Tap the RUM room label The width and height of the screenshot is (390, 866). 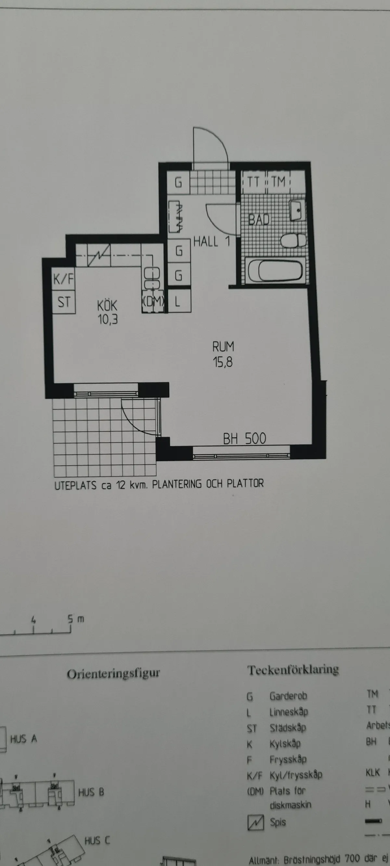pyautogui.click(x=223, y=347)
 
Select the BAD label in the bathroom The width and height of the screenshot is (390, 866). pyautogui.click(x=259, y=219)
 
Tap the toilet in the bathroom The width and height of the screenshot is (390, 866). pyautogui.click(x=293, y=241)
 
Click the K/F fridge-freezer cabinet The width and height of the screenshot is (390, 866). pyautogui.click(x=63, y=278)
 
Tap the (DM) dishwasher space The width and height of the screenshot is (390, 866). pyautogui.click(x=153, y=301)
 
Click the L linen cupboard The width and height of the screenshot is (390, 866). pyautogui.click(x=178, y=301)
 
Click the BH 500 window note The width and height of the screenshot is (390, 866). pyautogui.click(x=244, y=439)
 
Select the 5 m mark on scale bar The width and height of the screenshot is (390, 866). pyautogui.click(x=71, y=619)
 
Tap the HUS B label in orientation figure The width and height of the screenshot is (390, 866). pyautogui.click(x=91, y=793)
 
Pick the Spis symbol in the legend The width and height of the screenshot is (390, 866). pyautogui.click(x=255, y=822)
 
